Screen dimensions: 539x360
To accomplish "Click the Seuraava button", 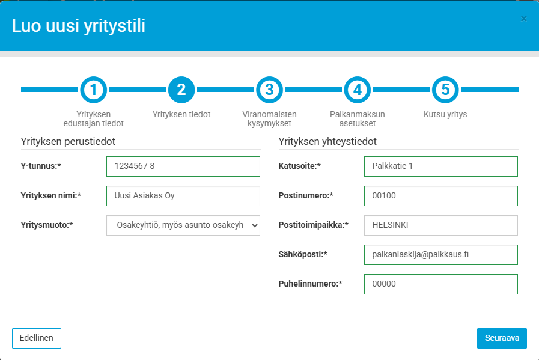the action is [502, 338].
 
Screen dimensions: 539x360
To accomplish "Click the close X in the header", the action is [523, 19].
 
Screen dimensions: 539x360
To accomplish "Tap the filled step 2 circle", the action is [181, 90].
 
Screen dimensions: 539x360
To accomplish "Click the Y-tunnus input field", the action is [183, 166].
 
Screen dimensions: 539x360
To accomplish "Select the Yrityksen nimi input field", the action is [183, 196].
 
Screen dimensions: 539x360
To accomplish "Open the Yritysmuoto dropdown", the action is [183, 225].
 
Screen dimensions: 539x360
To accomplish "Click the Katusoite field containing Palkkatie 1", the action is [441, 166].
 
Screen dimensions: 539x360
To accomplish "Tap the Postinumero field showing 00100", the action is [441, 196].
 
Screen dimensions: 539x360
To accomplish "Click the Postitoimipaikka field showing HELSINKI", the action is [441, 225].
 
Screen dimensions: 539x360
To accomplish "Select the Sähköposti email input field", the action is [441, 255].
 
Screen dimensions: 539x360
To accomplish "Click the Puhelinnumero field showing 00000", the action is [441, 284].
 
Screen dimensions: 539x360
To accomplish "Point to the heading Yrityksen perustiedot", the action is [68, 142].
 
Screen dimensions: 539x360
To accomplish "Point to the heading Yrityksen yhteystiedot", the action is [327, 142].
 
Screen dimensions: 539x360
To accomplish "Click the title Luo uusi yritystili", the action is [79, 26].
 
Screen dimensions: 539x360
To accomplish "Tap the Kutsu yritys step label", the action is [445, 115].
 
